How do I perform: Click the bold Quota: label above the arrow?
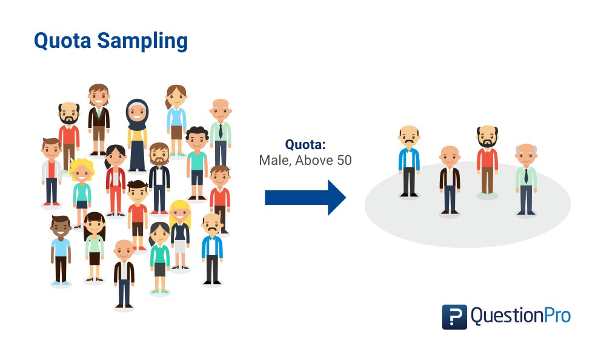305,145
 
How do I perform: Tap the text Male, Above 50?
305,161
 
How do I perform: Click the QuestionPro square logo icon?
454,316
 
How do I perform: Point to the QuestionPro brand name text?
520,316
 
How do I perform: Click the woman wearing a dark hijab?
137,133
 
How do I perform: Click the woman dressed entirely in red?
115,179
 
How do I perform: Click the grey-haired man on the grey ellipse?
526,179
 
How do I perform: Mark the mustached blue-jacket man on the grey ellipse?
409,161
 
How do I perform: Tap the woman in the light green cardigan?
94,245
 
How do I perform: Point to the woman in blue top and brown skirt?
176,118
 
